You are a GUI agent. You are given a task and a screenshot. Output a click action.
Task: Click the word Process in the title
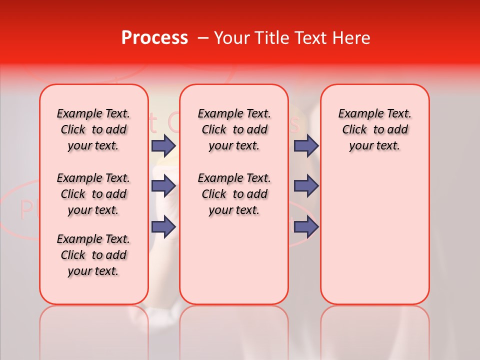[x=154, y=38]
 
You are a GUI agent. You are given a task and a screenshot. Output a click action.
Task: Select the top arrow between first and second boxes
[x=163, y=145]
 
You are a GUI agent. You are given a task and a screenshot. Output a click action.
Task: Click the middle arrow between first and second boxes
[x=163, y=186]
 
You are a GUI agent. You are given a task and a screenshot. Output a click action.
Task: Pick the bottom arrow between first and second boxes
[x=163, y=226]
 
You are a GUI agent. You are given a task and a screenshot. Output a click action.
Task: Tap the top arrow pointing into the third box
[x=306, y=145]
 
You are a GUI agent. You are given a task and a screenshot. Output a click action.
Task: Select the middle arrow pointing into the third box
[x=306, y=186]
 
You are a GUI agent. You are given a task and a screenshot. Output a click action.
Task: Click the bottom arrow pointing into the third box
[x=306, y=226]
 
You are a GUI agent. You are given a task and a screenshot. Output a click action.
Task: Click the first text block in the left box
[x=93, y=129]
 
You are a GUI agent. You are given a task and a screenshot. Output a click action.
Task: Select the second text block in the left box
[x=93, y=194]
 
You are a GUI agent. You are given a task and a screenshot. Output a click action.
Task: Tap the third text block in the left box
[x=93, y=255]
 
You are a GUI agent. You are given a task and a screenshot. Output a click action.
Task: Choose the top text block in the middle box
[x=234, y=129]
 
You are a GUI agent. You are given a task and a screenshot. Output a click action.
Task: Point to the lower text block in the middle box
[x=234, y=194]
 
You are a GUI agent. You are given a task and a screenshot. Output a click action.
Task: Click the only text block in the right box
[x=375, y=129]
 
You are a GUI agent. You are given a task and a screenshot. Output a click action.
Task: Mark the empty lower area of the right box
[x=375, y=235]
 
